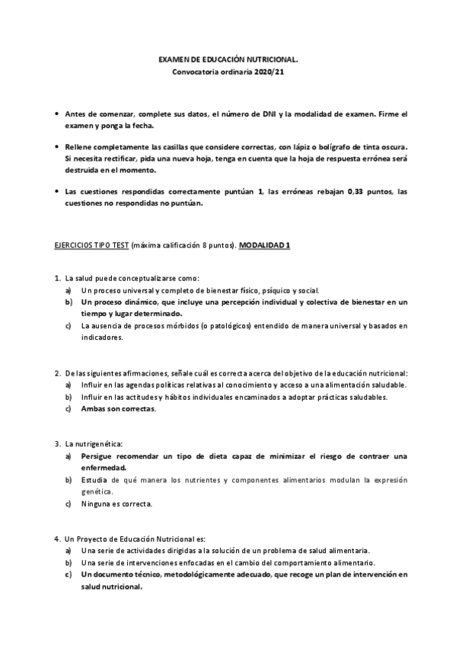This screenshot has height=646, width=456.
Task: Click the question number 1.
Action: click(x=58, y=280)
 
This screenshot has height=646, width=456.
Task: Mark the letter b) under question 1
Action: click(x=69, y=302)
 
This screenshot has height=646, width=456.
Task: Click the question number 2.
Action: click(x=58, y=373)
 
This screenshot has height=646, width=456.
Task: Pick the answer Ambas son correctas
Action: click(x=119, y=408)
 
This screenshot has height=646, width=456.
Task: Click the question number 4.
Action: click(x=58, y=538)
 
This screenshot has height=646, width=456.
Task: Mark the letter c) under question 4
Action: click(x=69, y=574)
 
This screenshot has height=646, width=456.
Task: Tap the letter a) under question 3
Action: click(x=69, y=456)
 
